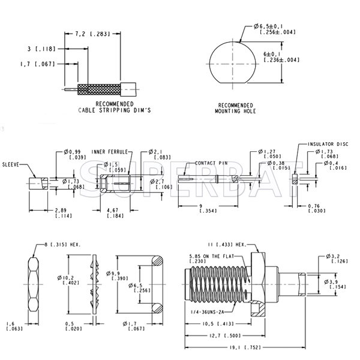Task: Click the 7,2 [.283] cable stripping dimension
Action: (93, 34)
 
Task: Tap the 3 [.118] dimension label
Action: (41, 49)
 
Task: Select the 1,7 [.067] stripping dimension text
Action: (38, 64)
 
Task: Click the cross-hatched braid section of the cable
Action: (99, 89)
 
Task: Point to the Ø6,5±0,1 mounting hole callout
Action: (275, 29)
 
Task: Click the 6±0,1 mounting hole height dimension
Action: (281, 57)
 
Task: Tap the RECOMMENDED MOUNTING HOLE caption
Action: (235, 109)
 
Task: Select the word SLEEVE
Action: (11, 164)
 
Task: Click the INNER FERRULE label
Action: (110, 152)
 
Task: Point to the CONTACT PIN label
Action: (211, 163)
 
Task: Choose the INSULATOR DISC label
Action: (328, 144)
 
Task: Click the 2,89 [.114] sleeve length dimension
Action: (64, 213)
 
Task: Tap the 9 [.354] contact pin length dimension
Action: (208, 208)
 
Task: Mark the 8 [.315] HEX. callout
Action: (62, 245)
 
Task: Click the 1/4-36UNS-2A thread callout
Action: (208, 312)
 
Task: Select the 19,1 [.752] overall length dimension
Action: (245, 347)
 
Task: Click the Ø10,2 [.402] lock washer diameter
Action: (68, 280)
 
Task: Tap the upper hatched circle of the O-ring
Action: (157, 261)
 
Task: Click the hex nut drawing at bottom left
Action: (34, 284)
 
